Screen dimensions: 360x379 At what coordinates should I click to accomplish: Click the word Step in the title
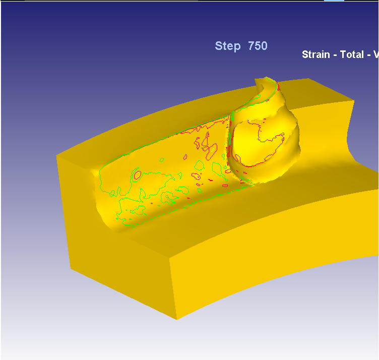pyautogui.click(x=227, y=46)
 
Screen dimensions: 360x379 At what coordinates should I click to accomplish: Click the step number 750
pyautogui.click(x=258, y=46)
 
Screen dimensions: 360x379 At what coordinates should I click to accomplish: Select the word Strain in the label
pyautogui.click(x=315, y=54)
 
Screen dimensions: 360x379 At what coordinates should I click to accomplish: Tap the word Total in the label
pyautogui.click(x=352, y=54)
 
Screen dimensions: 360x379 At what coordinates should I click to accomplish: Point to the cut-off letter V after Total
pyautogui.click(x=375, y=54)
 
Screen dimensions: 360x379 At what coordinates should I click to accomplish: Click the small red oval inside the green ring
pyautogui.click(x=137, y=175)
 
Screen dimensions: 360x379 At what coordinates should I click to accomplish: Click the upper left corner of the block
pyautogui.click(x=57, y=157)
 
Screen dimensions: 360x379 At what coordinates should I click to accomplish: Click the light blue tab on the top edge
pyautogui.click(x=334, y=1)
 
